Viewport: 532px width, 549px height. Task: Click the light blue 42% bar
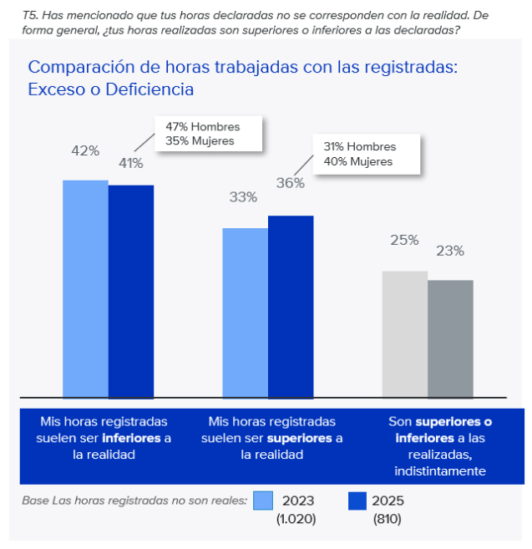[x=85, y=288]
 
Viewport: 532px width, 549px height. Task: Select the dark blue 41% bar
[x=131, y=291]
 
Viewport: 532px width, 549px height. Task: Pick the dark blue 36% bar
[x=291, y=306]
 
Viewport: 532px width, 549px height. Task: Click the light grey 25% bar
[x=405, y=333]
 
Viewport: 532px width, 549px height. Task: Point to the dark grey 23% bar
[x=450, y=338]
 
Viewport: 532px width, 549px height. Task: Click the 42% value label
[x=85, y=151]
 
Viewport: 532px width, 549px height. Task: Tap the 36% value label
[x=290, y=183]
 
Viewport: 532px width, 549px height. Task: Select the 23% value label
[x=450, y=251]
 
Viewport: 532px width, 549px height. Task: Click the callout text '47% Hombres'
[x=202, y=126]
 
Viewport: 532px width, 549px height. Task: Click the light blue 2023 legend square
[x=263, y=501]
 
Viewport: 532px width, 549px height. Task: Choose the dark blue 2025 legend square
[x=357, y=501]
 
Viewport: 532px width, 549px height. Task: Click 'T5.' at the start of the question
[x=29, y=15]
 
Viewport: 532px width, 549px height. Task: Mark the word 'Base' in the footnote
[x=34, y=501]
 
